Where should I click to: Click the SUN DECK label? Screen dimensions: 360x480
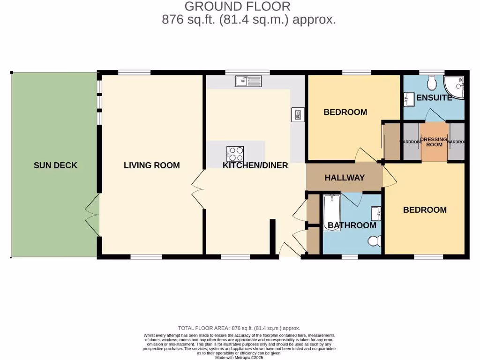tap(55, 165)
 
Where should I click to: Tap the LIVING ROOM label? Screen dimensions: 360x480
tap(151, 165)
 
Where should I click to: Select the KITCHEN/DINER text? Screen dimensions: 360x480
tap(255, 165)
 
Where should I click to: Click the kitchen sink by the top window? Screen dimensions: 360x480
tap(248, 82)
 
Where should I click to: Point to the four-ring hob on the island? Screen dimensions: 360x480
tap(235, 153)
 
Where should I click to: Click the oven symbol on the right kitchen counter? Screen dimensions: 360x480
tap(297, 114)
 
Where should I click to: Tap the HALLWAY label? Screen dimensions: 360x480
tap(345, 178)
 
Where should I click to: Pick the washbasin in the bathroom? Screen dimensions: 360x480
tap(376, 214)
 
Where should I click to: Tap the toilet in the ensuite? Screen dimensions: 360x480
tap(432, 83)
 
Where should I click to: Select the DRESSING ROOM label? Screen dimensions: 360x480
tap(434, 142)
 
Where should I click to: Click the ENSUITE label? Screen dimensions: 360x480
tap(435, 98)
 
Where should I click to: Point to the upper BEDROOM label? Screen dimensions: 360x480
tap(345, 112)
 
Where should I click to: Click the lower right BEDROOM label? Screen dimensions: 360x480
tap(425, 210)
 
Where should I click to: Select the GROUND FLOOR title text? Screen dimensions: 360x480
tap(237, 7)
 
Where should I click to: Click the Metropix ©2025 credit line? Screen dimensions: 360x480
tap(240, 357)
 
